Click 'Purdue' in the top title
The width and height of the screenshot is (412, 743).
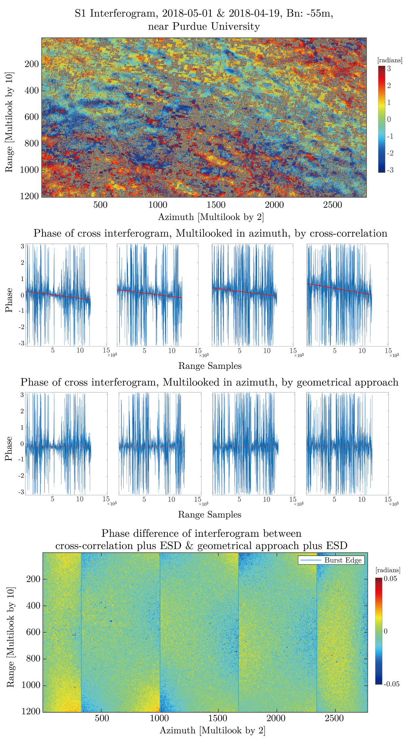188,26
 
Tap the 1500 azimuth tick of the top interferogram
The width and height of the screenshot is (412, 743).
216,205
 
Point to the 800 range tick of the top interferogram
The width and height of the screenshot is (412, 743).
31,143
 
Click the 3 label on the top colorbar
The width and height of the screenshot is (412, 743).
389,69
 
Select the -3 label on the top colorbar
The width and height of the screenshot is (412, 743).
390,170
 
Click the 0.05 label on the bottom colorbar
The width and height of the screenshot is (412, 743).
390,579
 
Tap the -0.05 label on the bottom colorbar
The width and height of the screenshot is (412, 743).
391,684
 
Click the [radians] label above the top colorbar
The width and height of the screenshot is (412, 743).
390,60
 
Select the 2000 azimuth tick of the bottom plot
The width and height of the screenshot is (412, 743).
276,718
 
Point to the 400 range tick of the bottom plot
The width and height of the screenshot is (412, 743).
33,605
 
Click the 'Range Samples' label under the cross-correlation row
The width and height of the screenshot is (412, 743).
210,366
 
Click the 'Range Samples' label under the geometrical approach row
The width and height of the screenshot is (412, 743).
210,514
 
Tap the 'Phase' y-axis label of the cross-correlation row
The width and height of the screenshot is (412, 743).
9,300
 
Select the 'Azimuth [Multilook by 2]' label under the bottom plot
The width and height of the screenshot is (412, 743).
213,731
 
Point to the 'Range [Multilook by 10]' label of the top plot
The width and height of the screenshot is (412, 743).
9,122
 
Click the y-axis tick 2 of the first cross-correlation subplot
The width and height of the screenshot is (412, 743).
23,263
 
